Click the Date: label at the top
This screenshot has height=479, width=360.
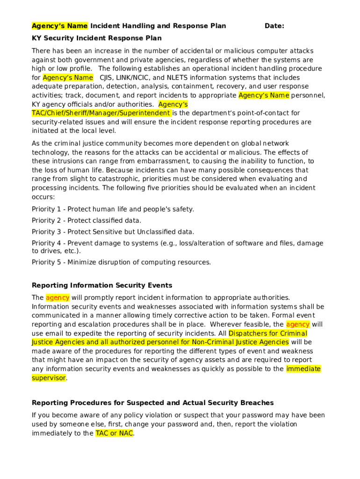[274, 26]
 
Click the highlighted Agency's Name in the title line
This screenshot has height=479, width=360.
[59, 26]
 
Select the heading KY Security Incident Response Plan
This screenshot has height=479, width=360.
[96, 38]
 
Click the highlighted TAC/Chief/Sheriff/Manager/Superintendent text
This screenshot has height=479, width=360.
[101, 113]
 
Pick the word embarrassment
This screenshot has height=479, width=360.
[155, 161]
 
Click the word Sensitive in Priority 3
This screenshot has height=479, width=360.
[110, 232]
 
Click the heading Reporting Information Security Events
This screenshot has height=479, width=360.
[102, 285]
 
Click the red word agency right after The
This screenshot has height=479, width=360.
[58, 298]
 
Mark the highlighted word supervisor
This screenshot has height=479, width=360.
[49, 378]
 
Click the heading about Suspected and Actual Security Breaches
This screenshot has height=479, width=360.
[152, 403]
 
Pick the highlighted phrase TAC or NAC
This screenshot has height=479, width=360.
[114, 433]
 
